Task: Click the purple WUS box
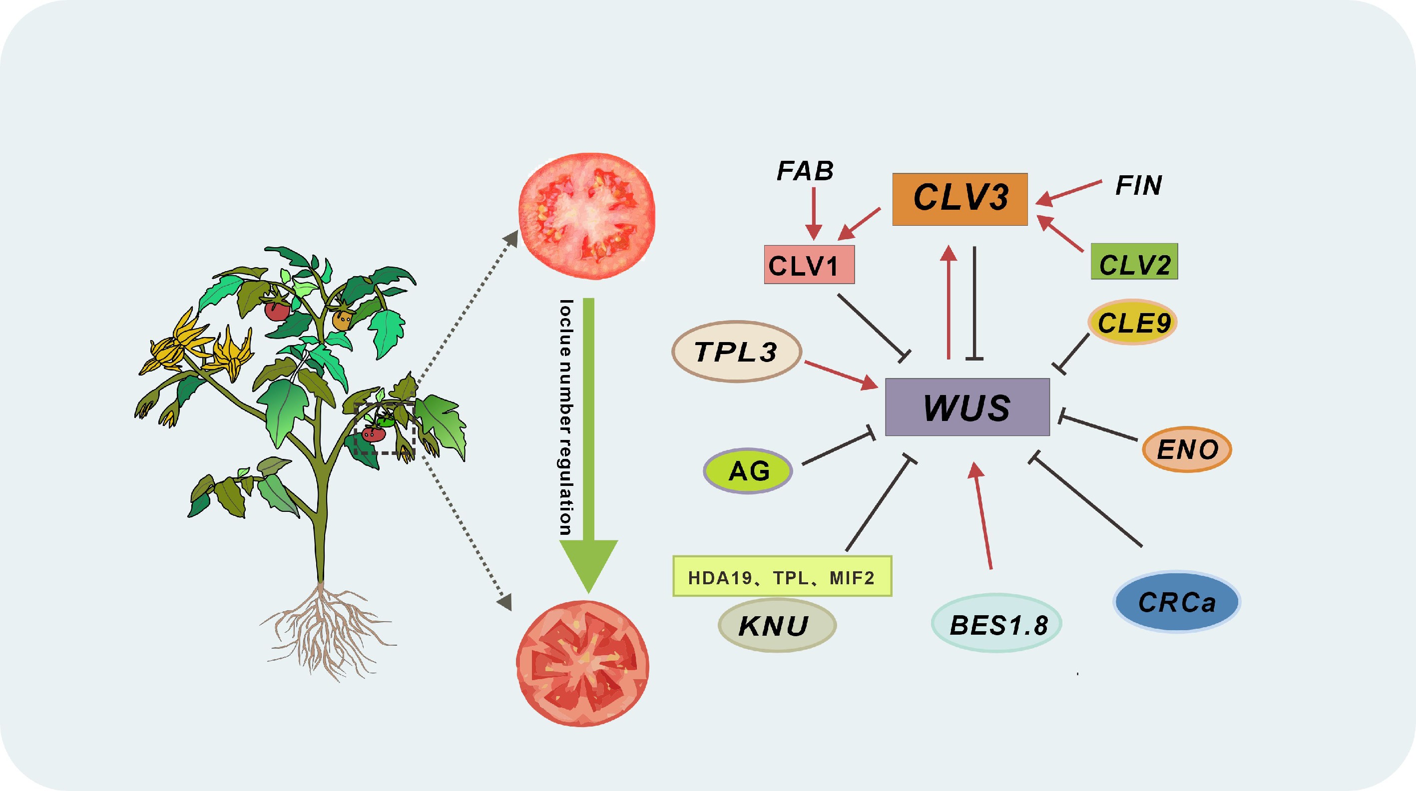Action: (967, 407)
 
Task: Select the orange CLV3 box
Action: (960, 199)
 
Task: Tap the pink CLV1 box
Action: (809, 265)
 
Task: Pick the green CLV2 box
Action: (1134, 262)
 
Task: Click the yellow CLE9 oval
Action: (1132, 323)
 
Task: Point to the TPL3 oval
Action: (737, 352)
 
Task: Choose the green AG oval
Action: (748, 471)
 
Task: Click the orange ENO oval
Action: (1187, 449)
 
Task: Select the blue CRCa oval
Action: (1176, 602)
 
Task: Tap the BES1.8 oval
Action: (996, 624)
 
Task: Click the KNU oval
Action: (776, 626)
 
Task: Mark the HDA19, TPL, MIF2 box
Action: (782, 577)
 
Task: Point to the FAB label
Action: (805, 171)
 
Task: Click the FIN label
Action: (1138, 185)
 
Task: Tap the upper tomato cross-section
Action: (586, 217)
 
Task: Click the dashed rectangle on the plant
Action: (384, 429)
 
